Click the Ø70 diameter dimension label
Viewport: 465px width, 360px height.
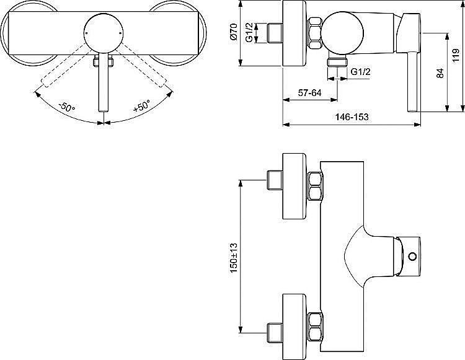click(x=234, y=32)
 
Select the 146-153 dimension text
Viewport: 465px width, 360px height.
click(x=352, y=117)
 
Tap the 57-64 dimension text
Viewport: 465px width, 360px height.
click(x=309, y=93)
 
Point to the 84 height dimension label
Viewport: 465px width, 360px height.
click(x=440, y=73)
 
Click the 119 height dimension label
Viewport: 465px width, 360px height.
click(x=456, y=56)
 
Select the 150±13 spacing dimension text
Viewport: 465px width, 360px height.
click(x=233, y=258)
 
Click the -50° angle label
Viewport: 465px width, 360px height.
click(x=67, y=107)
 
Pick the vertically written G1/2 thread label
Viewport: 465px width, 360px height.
click(x=250, y=33)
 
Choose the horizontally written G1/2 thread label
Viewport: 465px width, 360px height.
click(x=361, y=71)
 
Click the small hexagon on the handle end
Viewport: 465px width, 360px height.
click(x=412, y=257)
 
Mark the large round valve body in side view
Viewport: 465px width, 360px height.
click(x=342, y=33)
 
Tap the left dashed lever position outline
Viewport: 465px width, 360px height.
click(x=68, y=67)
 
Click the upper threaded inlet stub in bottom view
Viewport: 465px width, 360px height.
click(x=275, y=180)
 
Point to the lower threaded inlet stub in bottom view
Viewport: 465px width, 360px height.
click(x=275, y=333)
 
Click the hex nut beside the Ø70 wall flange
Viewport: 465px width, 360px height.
click(x=315, y=33)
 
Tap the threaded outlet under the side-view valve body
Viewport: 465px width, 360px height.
click(x=337, y=62)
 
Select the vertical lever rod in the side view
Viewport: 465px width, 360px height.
click(x=413, y=82)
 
